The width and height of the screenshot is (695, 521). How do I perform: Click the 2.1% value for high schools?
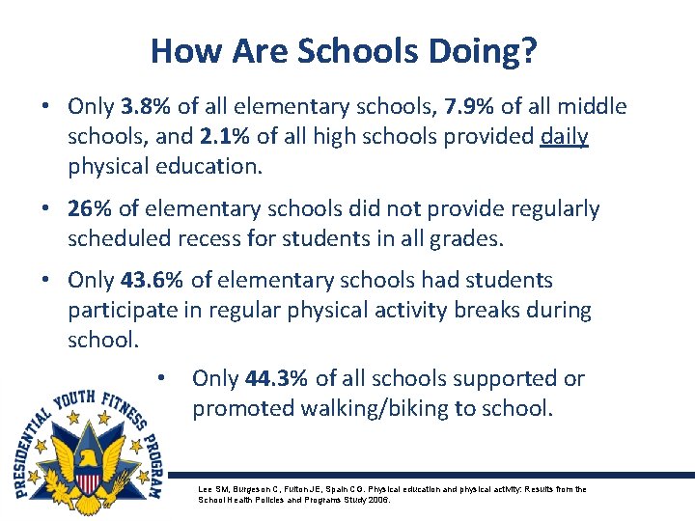coord(247,137)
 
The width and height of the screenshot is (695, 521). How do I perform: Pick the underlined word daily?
coord(564,137)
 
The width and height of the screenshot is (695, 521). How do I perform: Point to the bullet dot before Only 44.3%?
coord(163,377)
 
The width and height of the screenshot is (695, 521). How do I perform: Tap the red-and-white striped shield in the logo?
coord(89,483)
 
